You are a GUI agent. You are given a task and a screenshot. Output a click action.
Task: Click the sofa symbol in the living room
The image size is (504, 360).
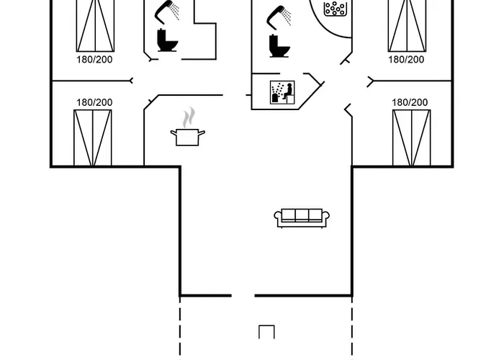pos(302,217)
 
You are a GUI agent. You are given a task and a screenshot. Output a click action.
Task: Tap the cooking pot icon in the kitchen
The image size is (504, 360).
pos(188,136)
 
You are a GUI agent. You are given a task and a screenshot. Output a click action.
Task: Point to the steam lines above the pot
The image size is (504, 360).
pos(189,117)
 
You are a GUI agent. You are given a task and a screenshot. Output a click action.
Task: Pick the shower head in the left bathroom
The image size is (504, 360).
pos(168,10)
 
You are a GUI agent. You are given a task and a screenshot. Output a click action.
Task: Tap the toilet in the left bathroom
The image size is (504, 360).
pos(168,40)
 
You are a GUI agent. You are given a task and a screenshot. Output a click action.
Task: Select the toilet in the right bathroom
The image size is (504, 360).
pos(279,45)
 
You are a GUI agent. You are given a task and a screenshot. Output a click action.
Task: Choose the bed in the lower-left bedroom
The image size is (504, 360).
pos(93,138)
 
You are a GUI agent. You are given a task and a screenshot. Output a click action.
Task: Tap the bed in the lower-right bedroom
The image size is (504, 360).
pos(411,138)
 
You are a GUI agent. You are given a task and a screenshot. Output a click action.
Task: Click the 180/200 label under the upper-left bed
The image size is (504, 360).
pos(94,60)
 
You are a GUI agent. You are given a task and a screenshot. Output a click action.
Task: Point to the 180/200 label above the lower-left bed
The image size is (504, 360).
pos(94,103)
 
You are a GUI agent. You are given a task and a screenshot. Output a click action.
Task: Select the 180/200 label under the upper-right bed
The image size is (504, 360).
pos(407,60)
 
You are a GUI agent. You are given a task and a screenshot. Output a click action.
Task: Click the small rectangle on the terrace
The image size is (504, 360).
pos(266,332)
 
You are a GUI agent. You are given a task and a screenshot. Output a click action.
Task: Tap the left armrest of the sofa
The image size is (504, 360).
pos(278,217)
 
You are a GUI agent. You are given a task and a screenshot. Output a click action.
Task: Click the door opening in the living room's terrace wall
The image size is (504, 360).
pos(243,295)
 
